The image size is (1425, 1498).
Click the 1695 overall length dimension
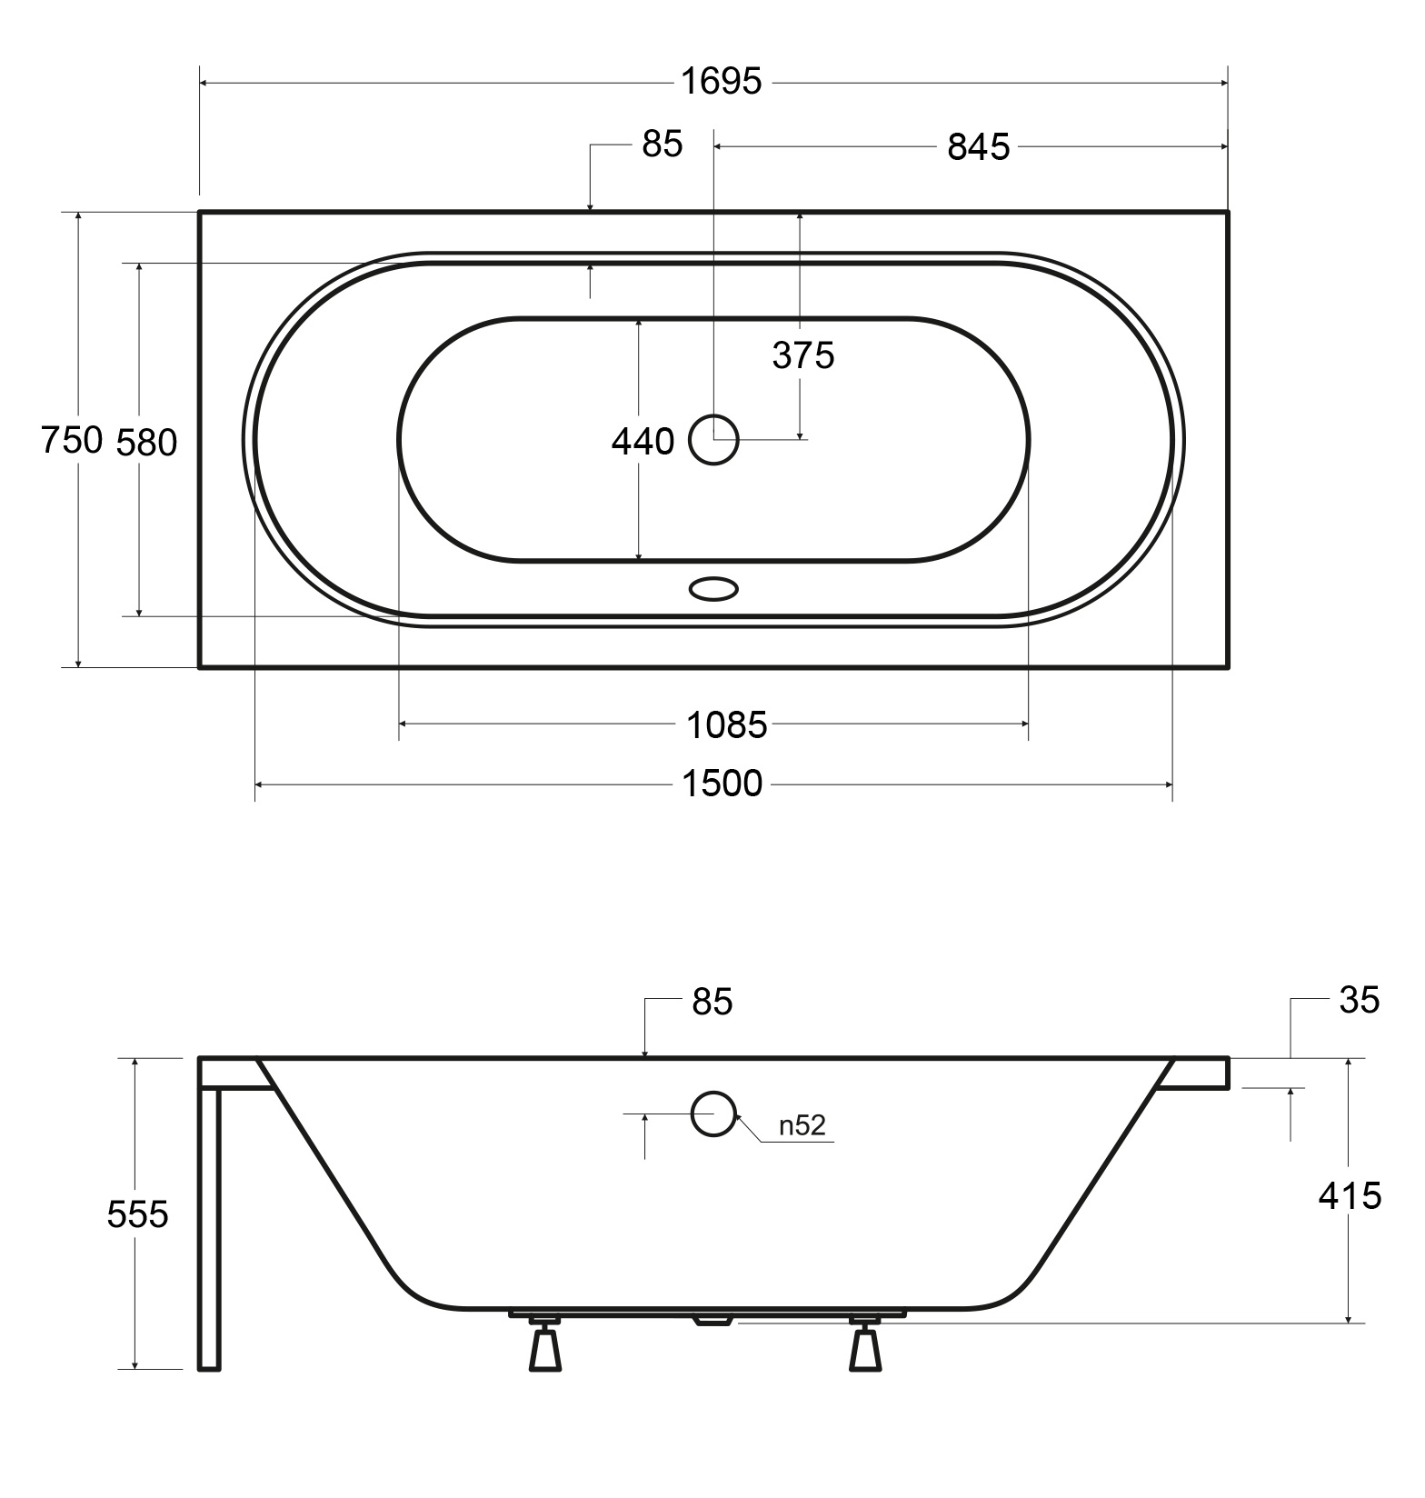click(x=722, y=82)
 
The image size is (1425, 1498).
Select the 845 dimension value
click(x=979, y=146)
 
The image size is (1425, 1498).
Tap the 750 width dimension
click(x=72, y=440)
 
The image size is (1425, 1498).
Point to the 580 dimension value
click(x=147, y=442)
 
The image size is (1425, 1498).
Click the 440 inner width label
click(x=643, y=442)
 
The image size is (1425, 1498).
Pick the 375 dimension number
click(x=803, y=355)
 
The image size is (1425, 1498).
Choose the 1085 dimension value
click(x=726, y=725)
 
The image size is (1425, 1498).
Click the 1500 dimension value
click(x=722, y=783)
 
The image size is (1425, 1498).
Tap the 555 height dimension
click(x=138, y=1213)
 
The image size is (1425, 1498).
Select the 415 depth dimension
click(x=1350, y=1195)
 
